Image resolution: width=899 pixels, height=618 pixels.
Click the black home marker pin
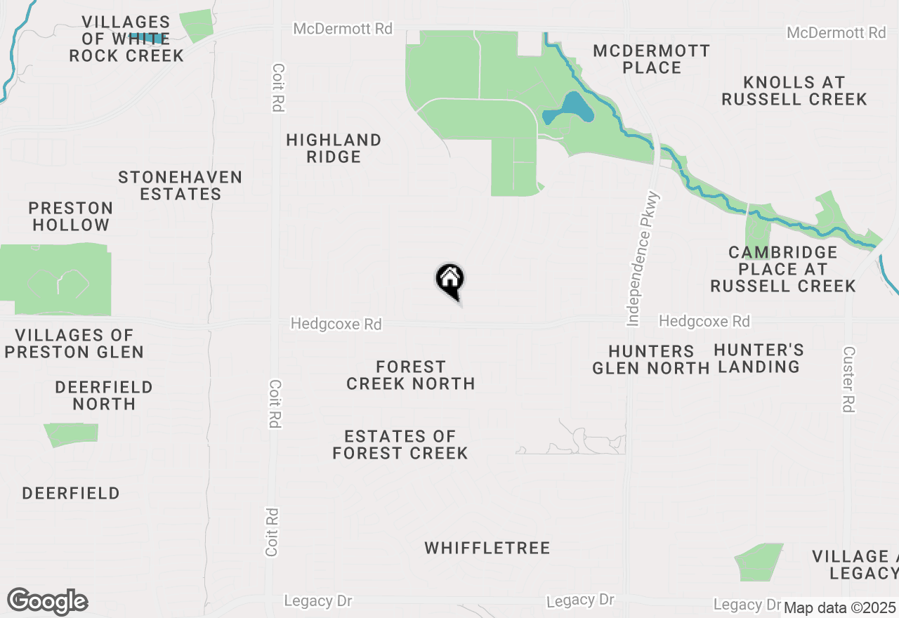coord(449,280)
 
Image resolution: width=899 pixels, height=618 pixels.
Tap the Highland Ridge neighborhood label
coord(334,148)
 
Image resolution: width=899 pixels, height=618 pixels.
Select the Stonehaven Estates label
coord(181,186)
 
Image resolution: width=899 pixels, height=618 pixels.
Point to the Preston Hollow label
coord(71,216)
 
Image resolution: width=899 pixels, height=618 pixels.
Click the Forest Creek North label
coord(411,375)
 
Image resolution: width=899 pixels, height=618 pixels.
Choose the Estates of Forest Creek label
coord(400,445)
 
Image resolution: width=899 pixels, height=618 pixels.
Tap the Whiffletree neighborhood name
coord(487,548)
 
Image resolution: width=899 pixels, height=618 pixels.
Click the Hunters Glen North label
coord(650,360)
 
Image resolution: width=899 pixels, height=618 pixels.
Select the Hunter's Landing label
coord(759,358)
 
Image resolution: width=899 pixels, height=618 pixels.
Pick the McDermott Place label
coord(652,59)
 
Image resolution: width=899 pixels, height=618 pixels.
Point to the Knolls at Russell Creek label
coord(794,91)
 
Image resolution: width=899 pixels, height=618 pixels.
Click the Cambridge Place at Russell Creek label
coord(783,269)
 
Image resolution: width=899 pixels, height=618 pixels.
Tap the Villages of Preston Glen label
coord(74,343)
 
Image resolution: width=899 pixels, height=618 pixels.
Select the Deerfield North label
coord(104,395)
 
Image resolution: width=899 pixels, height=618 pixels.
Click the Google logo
coord(47,602)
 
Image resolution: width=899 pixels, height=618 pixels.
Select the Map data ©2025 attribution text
coord(839,607)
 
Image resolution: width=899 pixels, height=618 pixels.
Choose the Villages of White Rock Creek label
coord(126,39)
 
